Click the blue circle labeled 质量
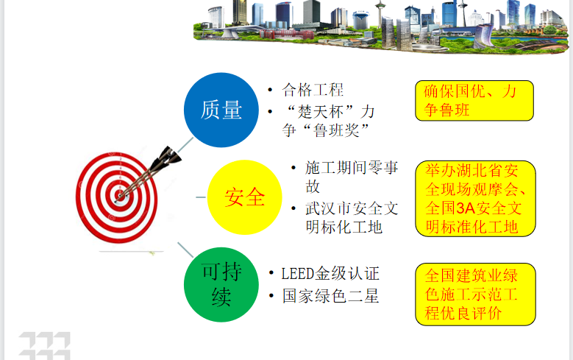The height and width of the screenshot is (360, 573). coord(221,110)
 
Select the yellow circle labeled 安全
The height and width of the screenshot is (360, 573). coord(244,197)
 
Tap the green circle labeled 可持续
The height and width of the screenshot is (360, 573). coord(221,285)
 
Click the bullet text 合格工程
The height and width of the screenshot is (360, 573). coord(313,90)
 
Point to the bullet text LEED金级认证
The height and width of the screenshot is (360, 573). coord(330,274)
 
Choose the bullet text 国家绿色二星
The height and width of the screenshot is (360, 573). coord(330,296)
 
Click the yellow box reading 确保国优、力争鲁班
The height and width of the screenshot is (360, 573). coord(474,101)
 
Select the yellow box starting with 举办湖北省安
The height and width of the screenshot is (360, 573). coord(475,198)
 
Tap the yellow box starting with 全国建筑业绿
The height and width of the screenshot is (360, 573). coord(475,294)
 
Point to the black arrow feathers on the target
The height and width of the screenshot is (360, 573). coord(167,158)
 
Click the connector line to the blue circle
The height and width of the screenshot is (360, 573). coord(185,145)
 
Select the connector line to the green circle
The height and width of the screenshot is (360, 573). coord(185,250)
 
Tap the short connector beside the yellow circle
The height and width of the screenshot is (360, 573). coord(201,197)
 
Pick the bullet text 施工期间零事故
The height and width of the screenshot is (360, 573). coord(352,177)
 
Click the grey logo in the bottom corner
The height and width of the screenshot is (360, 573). coord(45,346)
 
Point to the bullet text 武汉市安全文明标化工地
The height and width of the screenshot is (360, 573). coord(352,218)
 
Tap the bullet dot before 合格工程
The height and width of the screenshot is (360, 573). coord(270,90)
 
